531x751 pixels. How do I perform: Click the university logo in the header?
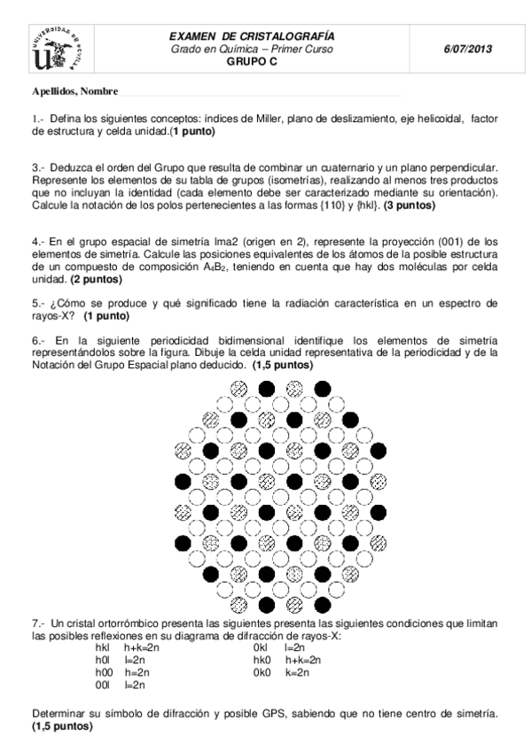click(x=59, y=50)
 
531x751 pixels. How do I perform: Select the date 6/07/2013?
click(x=466, y=50)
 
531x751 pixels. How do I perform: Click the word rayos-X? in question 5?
click(x=56, y=315)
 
